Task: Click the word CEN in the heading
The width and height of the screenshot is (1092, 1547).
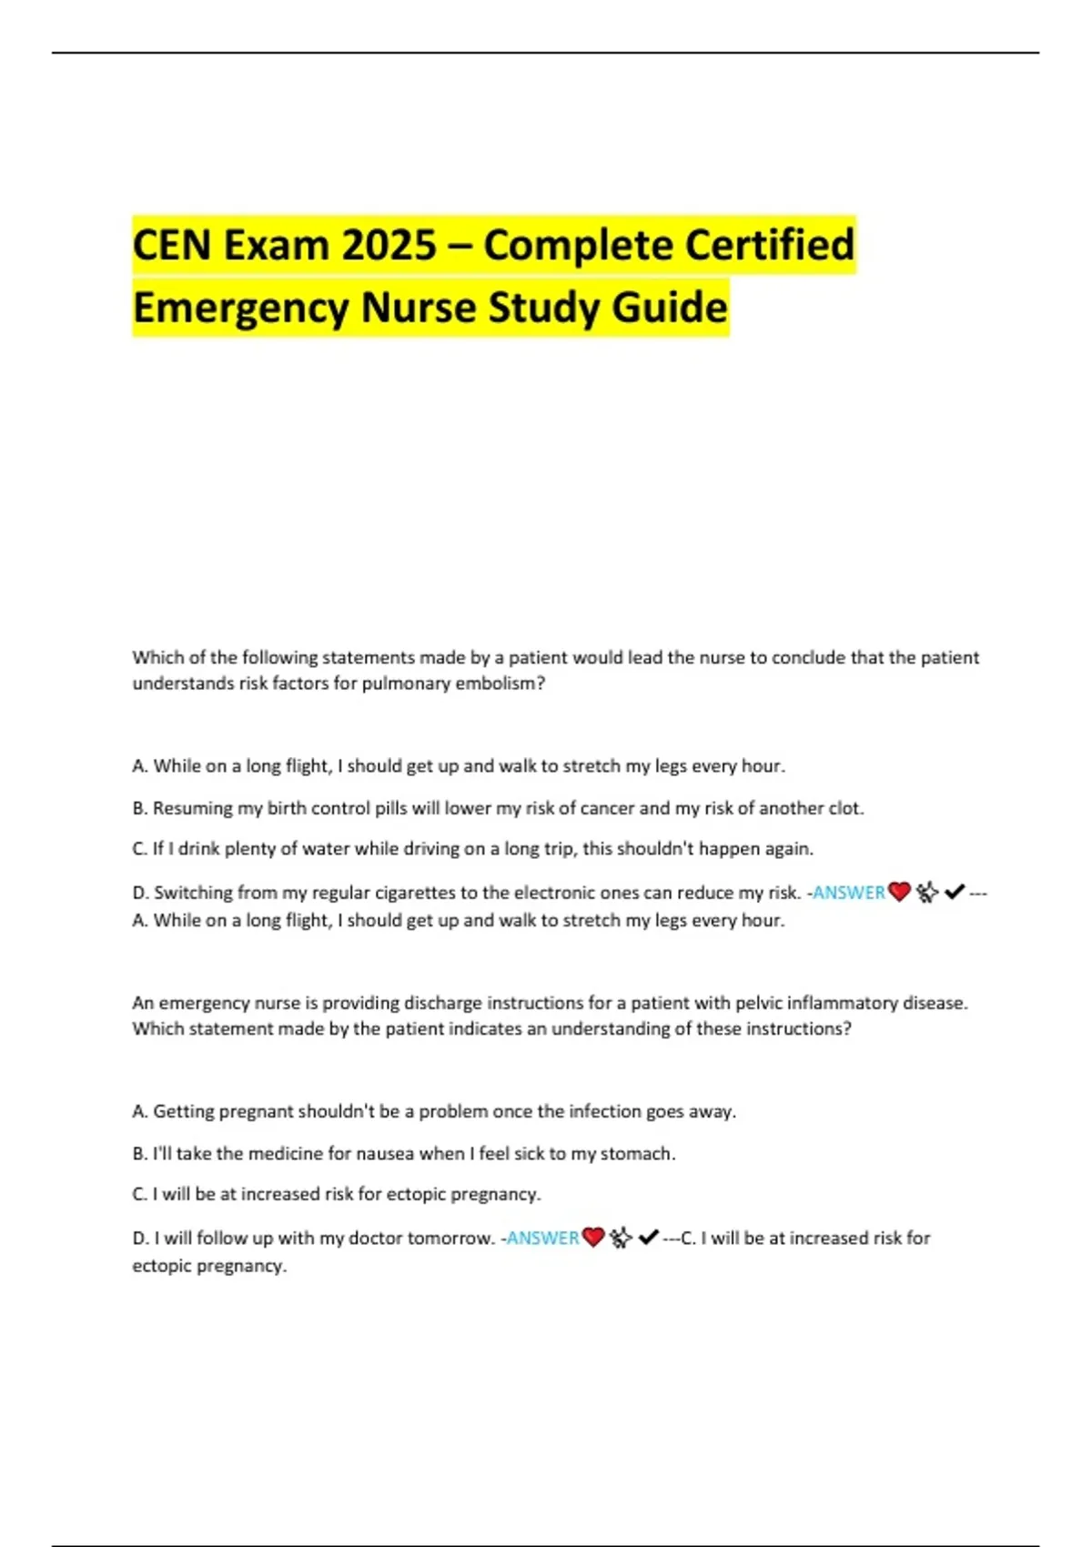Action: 172,245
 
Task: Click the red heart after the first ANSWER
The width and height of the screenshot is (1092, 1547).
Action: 899,893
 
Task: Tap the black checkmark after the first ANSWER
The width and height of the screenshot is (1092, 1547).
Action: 955,893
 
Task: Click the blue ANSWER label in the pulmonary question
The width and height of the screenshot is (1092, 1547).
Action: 849,893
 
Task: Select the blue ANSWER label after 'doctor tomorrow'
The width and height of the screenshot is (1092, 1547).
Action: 542,1238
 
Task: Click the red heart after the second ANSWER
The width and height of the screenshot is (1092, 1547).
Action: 593,1238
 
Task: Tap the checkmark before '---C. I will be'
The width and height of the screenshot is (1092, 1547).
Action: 649,1238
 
